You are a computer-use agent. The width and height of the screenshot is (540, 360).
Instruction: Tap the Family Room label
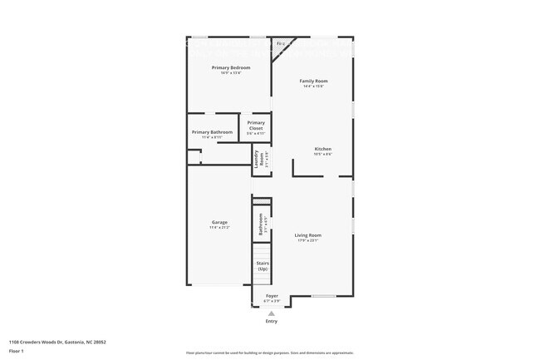tap(313, 81)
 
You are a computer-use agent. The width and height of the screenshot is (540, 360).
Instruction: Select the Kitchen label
tap(323, 149)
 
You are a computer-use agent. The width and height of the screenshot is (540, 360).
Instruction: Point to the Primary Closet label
tap(256, 126)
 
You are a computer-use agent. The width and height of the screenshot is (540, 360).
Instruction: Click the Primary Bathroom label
tap(212, 132)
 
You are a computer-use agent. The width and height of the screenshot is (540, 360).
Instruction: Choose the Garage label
tap(219, 222)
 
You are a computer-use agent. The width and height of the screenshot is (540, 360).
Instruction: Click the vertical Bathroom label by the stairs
tap(260, 224)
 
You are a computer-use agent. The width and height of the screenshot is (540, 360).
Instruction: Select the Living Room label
tap(307, 235)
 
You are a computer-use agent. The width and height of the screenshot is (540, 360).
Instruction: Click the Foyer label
tap(272, 295)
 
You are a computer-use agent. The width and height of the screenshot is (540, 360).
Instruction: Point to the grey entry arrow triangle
tap(271, 313)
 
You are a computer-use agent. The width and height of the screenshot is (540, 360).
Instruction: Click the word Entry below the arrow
tap(272, 322)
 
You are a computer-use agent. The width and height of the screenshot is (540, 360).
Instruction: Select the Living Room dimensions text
tap(307, 241)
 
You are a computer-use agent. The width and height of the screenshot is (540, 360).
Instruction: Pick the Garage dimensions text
tap(219, 227)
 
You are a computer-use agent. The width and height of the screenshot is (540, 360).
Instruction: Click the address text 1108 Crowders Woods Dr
tap(57, 342)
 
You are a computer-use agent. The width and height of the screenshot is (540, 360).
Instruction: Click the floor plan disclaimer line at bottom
tap(270, 353)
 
